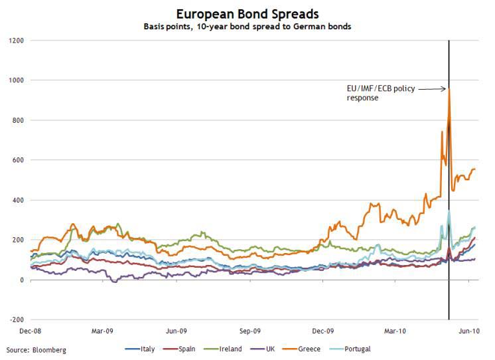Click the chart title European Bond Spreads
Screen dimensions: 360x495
point(247,13)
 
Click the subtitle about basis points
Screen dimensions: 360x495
point(247,27)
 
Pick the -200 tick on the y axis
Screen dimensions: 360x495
point(16,320)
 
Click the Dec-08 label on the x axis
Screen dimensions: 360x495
point(31,330)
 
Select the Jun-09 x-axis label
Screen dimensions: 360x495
point(176,330)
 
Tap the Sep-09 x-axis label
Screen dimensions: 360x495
point(249,330)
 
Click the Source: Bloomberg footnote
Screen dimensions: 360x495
point(36,349)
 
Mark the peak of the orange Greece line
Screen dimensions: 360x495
point(449,89)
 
